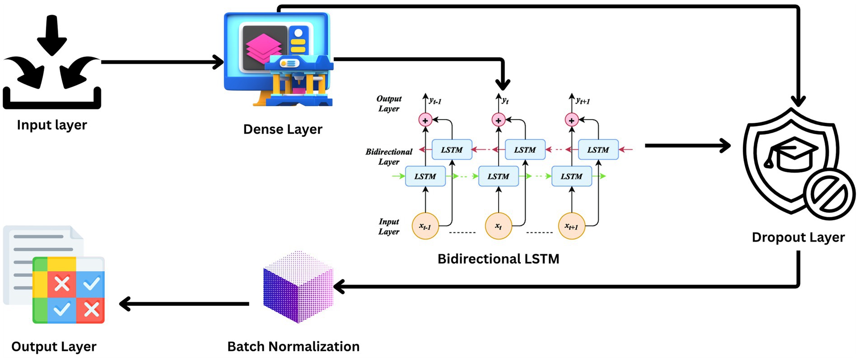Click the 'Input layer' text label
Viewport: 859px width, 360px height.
[52, 125]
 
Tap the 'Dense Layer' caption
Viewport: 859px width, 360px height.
[283, 130]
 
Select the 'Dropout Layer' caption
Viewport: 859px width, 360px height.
[798, 238]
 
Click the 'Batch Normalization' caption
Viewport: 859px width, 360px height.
[293, 346]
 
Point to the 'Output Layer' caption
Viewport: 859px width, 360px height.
[54, 346]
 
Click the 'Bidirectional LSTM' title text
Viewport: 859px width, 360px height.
[498, 259]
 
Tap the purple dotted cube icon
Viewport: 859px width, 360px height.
[298, 287]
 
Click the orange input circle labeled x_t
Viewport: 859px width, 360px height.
[498, 226]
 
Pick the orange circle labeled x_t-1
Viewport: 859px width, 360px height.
[425, 226]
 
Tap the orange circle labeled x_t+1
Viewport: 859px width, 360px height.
[571, 226]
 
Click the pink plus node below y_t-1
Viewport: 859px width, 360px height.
[425, 120]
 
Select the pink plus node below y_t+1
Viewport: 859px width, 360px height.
[571, 120]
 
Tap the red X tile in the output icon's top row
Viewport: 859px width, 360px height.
[62, 284]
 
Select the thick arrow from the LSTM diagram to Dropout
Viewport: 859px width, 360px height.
[686, 146]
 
